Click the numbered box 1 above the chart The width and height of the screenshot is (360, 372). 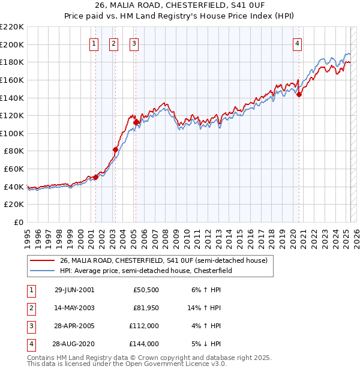[x=95, y=43]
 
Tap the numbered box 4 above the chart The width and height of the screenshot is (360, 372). [x=298, y=43]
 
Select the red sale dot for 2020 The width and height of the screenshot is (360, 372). [x=299, y=94]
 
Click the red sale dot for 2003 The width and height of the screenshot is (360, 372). [x=115, y=149]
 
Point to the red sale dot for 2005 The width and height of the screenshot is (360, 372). [x=136, y=122]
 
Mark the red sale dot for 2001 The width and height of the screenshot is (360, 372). [x=95, y=178]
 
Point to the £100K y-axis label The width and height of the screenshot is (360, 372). [x=12, y=133]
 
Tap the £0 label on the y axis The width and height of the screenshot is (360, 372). [x=19, y=222]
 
